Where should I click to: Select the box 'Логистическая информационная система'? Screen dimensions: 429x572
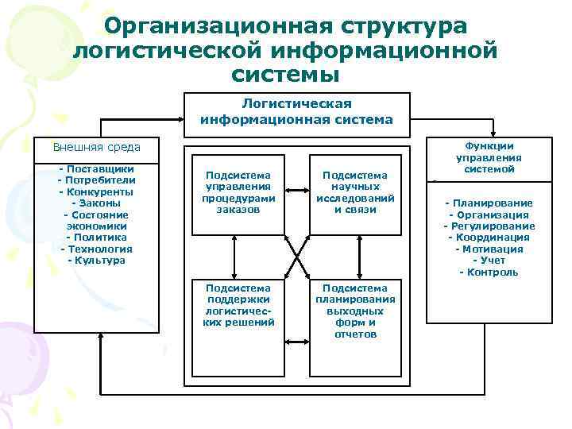coord(296,112)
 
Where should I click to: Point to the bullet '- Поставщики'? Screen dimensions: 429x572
coord(96,168)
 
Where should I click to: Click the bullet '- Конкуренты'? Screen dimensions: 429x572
coord(96,191)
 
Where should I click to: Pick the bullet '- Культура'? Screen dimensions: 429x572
coord(96,260)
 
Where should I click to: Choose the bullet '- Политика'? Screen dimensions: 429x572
coord(96,237)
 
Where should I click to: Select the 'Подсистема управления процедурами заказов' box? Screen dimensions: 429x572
coord(238,192)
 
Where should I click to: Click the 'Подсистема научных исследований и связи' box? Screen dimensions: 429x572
coord(354,192)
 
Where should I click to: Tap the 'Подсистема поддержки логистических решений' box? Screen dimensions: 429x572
coord(238,306)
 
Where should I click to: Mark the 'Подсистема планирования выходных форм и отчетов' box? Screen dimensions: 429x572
coord(354,311)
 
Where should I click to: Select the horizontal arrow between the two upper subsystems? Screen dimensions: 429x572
coord(296,191)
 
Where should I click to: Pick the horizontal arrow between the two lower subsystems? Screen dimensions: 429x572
coord(296,341)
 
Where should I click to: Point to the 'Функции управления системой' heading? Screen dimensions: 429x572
coord(489,157)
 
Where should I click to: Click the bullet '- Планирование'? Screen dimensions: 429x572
coord(489,203)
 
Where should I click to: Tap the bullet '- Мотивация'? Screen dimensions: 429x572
coord(489,249)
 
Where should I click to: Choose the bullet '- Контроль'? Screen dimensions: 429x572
coord(489,272)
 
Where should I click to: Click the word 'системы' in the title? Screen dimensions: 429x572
coord(285,75)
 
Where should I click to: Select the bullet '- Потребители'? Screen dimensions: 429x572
coord(96,180)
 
